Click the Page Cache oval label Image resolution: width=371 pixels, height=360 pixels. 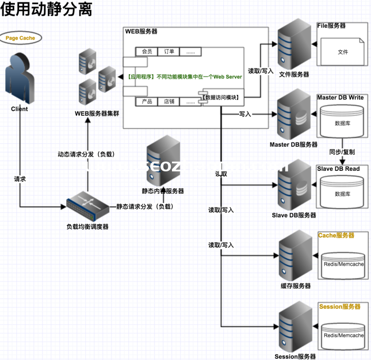[x=20, y=38]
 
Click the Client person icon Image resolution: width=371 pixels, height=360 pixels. [x=20, y=78]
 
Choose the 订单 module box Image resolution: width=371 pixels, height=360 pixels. [x=168, y=51]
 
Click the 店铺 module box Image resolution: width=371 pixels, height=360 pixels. [x=169, y=102]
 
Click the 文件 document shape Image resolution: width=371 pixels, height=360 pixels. [x=343, y=52]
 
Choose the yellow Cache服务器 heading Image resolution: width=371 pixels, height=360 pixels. [x=336, y=236]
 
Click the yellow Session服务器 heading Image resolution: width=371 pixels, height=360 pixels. [x=339, y=307]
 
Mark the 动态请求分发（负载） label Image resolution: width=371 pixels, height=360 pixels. [x=86, y=154]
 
